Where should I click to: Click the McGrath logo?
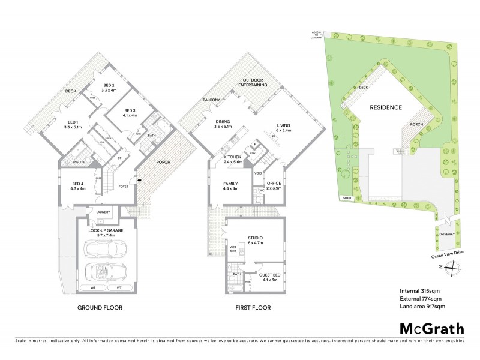point(431,328)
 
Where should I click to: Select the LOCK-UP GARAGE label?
point(105,230)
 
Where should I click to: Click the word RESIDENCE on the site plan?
point(386,109)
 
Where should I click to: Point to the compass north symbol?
point(451,268)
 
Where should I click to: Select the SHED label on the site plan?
point(346,197)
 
